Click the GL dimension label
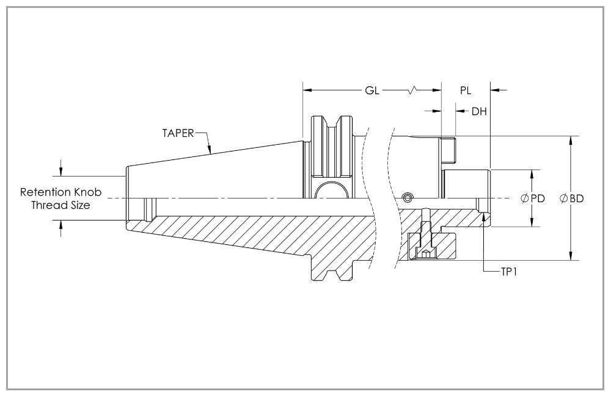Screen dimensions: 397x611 pos(372,90)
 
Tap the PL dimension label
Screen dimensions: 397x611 pos(466,90)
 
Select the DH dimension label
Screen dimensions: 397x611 pos(479,111)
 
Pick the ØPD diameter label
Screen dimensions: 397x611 pos(533,198)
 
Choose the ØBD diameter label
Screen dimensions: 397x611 pos(572,198)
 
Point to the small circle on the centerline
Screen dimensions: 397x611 pos(408,197)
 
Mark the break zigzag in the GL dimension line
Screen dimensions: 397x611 pos(415,90)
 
